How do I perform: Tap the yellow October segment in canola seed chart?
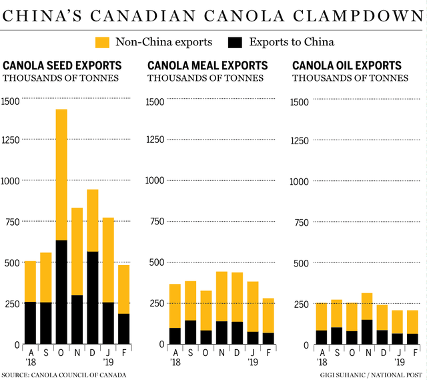tap(61, 174)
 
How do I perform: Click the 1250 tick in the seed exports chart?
tap(12, 139)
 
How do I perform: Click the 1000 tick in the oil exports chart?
tap(300, 181)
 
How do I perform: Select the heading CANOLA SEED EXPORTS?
tap(63, 66)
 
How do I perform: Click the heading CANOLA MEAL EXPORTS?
tap(207, 66)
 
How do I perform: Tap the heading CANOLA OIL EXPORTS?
tap(347, 66)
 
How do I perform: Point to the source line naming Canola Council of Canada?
tap(64, 375)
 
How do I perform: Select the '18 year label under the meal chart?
tap(175, 361)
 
